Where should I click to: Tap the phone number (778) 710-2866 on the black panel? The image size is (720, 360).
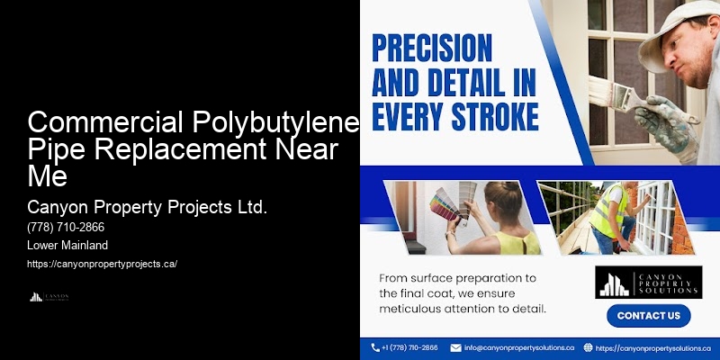click(x=66, y=227)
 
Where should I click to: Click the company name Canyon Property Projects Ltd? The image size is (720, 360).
click(x=147, y=207)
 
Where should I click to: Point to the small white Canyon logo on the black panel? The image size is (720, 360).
click(x=49, y=296)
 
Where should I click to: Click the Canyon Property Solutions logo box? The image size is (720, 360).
click(x=648, y=282)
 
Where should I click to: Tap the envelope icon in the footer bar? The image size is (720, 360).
click(x=455, y=346)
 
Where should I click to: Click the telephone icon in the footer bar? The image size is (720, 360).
click(x=375, y=346)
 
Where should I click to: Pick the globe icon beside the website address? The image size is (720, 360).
click(x=588, y=346)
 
